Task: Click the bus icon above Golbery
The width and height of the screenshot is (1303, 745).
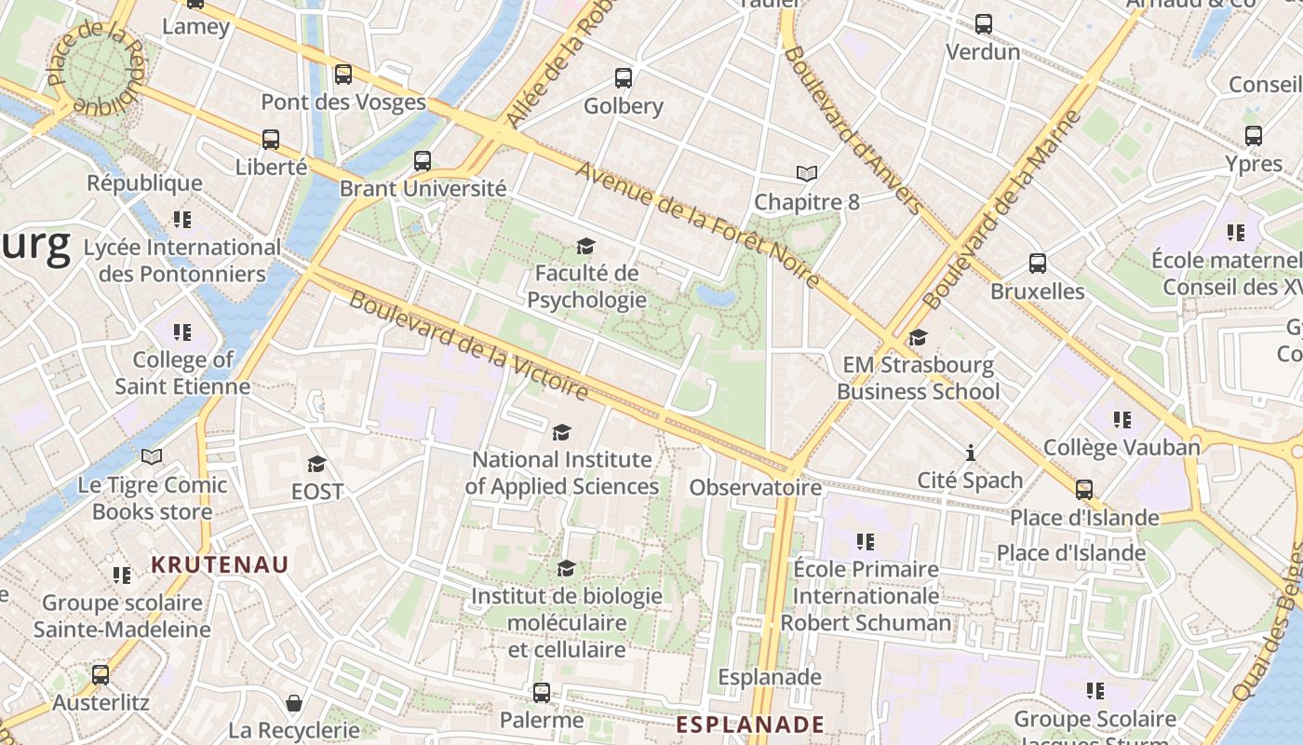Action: tap(624, 78)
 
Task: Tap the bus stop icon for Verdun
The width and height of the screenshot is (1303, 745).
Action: tap(983, 24)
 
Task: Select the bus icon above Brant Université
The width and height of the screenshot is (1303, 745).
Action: tap(423, 161)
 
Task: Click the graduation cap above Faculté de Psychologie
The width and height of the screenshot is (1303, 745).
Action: tap(585, 247)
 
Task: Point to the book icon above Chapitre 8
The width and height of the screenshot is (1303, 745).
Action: tap(806, 174)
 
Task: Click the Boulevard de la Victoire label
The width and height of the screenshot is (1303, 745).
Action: tap(469, 345)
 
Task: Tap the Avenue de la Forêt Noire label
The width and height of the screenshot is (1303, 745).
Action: tap(697, 223)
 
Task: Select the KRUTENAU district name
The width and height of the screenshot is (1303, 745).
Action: tap(220, 564)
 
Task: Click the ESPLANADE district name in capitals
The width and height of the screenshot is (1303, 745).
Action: tap(750, 725)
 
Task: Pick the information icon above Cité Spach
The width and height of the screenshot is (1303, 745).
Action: tap(970, 454)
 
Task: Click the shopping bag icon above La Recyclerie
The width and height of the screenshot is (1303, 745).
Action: tap(294, 702)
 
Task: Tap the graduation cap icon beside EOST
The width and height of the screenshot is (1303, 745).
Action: tap(317, 464)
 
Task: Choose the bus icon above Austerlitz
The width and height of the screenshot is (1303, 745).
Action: tap(101, 674)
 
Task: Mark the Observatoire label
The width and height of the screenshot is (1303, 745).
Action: tap(755, 487)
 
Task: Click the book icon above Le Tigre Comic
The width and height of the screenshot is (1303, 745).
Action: tap(152, 457)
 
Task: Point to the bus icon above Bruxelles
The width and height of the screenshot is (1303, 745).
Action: tap(1038, 264)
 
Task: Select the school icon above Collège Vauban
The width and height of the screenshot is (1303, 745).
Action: tap(1122, 420)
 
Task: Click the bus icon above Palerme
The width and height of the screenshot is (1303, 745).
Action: tap(542, 693)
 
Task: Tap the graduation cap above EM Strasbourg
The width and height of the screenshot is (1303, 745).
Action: tap(918, 337)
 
